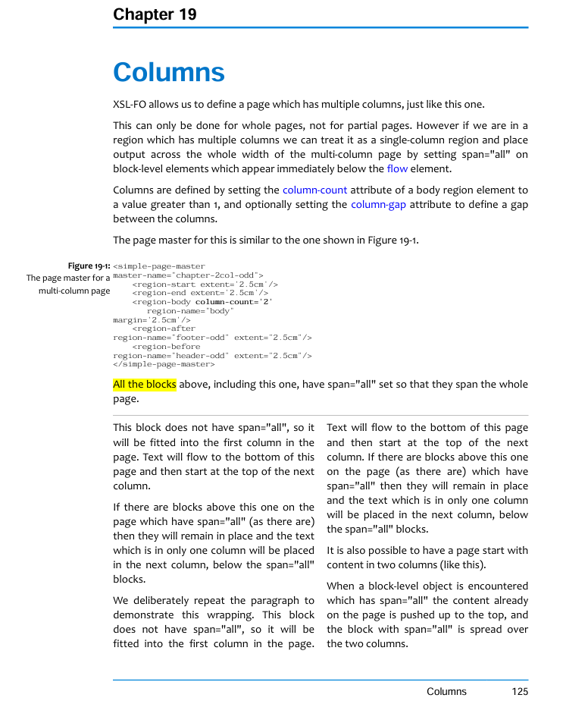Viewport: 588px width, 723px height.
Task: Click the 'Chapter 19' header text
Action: pyautogui.click(x=155, y=14)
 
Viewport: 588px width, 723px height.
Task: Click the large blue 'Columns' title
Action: pyautogui.click(x=168, y=73)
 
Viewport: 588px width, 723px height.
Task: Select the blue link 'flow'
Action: pyautogui.click(x=397, y=169)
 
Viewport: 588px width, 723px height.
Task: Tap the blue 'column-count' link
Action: pyautogui.click(x=314, y=190)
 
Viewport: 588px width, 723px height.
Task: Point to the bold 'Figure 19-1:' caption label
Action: pyautogui.click(x=89, y=266)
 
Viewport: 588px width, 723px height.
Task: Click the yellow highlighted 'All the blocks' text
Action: pyautogui.click(x=145, y=385)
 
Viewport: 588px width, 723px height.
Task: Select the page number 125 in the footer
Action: pyautogui.click(x=519, y=691)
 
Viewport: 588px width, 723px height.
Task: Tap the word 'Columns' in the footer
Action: pyautogui.click(x=446, y=691)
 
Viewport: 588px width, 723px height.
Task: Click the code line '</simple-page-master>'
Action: pyautogui.click(x=164, y=364)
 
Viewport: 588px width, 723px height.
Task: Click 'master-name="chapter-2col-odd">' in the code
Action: pyautogui.click(x=188, y=275)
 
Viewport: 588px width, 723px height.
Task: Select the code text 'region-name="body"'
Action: pyautogui.click(x=190, y=311)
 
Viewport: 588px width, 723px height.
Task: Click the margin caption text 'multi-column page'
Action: pyautogui.click(x=74, y=291)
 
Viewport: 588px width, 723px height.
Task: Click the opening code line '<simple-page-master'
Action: pyautogui.click(x=159, y=266)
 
